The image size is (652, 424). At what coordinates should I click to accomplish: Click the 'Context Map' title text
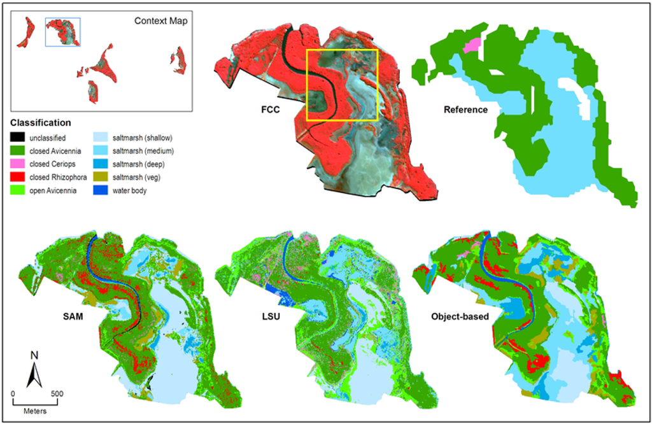[x=160, y=21]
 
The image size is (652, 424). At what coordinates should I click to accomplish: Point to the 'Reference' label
[x=465, y=110]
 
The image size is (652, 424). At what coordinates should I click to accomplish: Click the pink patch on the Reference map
[x=471, y=45]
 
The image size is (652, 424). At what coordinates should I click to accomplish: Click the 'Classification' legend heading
[x=39, y=122]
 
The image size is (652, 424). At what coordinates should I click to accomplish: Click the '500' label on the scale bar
[x=57, y=393]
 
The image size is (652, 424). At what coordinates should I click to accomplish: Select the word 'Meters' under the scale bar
[x=35, y=411]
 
